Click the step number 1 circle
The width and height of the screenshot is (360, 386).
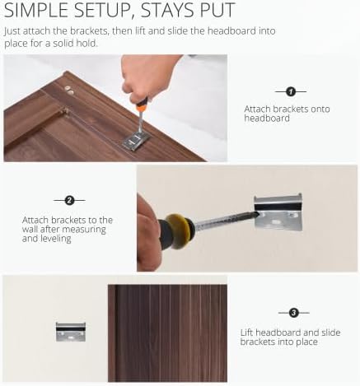(x=291, y=91)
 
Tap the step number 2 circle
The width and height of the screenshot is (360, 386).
(x=69, y=201)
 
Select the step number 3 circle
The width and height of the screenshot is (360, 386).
(x=294, y=313)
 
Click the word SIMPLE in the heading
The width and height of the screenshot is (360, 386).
(x=36, y=11)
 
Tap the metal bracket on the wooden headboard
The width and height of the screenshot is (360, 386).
(x=137, y=140)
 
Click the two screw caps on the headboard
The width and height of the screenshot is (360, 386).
(x=69, y=90)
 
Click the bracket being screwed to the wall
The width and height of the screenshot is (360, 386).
(x=278, y=212)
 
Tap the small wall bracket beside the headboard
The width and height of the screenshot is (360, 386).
(x=71, y=332)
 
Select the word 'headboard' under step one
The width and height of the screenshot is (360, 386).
(x=267, y=119)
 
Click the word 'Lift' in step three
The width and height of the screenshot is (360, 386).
(x=246, y=333)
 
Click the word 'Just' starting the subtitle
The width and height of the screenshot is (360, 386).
(x=12, y=31)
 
